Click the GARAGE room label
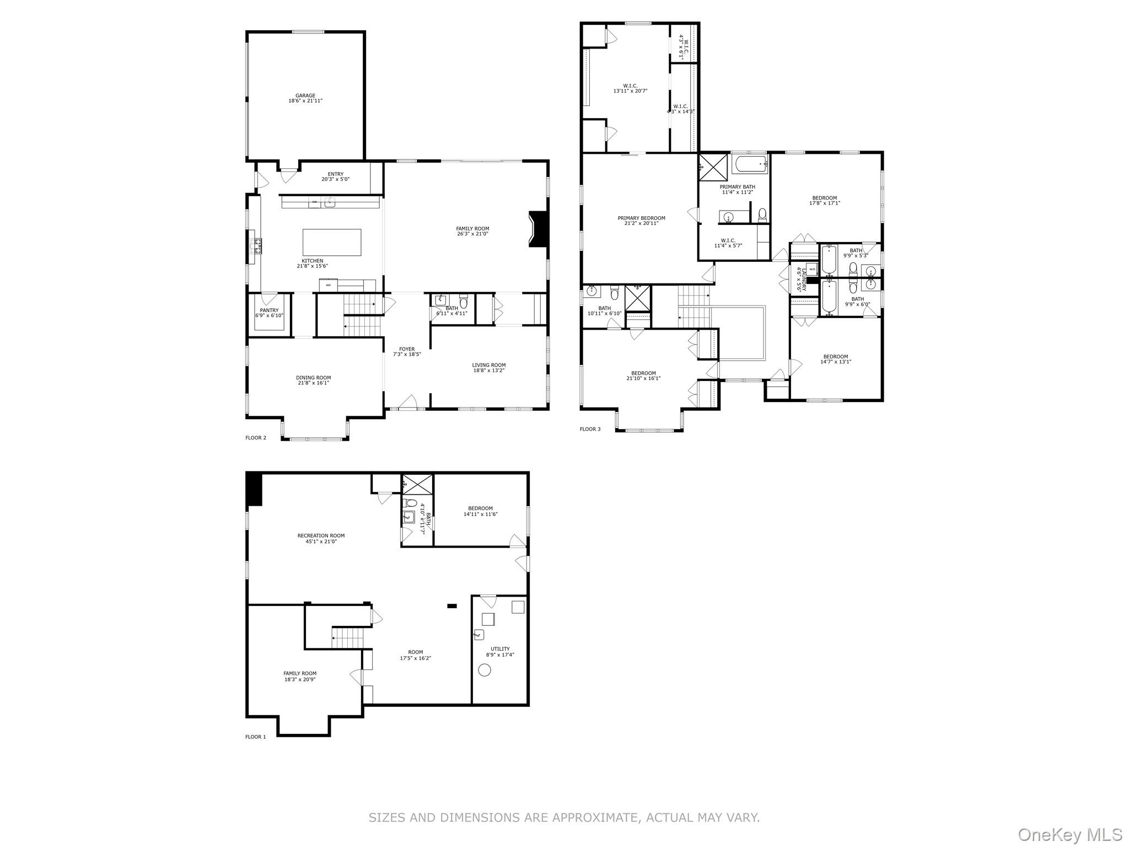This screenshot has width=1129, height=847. [x=305, y=96]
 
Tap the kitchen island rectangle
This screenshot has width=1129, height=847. [x=332, y=242]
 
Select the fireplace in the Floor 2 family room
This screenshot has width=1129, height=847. [x=537, y=229]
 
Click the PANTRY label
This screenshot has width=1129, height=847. [x=269, y=310]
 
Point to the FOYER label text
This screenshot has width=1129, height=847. [x=407, y=349]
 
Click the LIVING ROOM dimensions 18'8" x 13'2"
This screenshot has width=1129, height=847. [x=488, y=371]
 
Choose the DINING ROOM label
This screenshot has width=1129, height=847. [x=313, y=378]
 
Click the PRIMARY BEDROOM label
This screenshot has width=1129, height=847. [x=641, y=218]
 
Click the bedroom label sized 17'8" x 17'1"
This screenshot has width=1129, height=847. [x=824, y=198]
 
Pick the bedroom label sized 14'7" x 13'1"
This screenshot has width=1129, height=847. [x=835, y=356]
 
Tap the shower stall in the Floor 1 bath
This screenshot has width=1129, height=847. [x=417, y=485]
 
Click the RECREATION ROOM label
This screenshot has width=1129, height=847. [x=321, y=535]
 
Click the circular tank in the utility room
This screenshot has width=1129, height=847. [x=485, y=670]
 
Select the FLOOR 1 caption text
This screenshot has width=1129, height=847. [x=255, y=737]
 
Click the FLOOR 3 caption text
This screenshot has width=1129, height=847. [x=590, y=429]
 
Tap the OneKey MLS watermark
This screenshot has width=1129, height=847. [x=1069, y=834]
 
